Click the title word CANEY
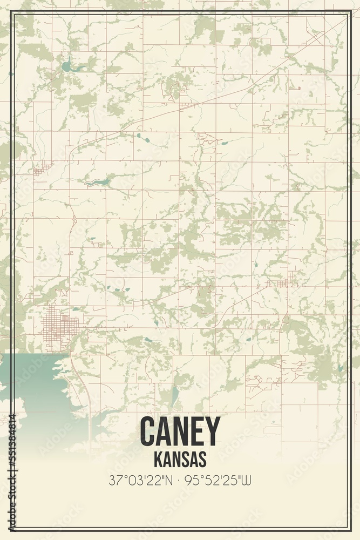180,432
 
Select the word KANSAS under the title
180,458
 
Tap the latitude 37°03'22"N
140,479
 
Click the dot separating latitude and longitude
180,479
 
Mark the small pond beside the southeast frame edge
340,368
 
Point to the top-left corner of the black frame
12,12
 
